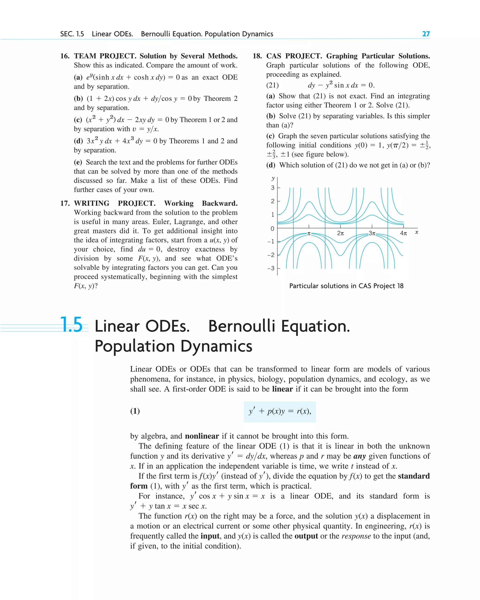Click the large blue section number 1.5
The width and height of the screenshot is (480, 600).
click(x=71, y=324)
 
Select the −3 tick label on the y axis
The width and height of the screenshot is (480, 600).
click(x=271, y=268)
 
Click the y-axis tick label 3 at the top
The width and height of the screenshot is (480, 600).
click(x=273, y=188)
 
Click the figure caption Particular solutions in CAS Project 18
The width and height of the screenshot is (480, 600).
click(x=346, y=286)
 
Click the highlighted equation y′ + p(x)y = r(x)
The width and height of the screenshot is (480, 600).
click(x=280, y=411)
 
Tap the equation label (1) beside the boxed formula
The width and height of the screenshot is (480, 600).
click(x=135, y=411)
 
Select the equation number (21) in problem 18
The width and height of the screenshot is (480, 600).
click(x=272, y=85)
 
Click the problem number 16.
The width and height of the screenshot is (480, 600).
click(x=65, y=56)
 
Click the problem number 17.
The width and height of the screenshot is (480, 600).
click(x=65, y=203)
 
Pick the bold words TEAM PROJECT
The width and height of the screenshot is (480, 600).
click(x=105, y=56)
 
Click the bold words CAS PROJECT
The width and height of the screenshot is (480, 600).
click(x=293, y=56)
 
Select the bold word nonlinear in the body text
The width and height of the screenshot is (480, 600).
click(x=202, y=436)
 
